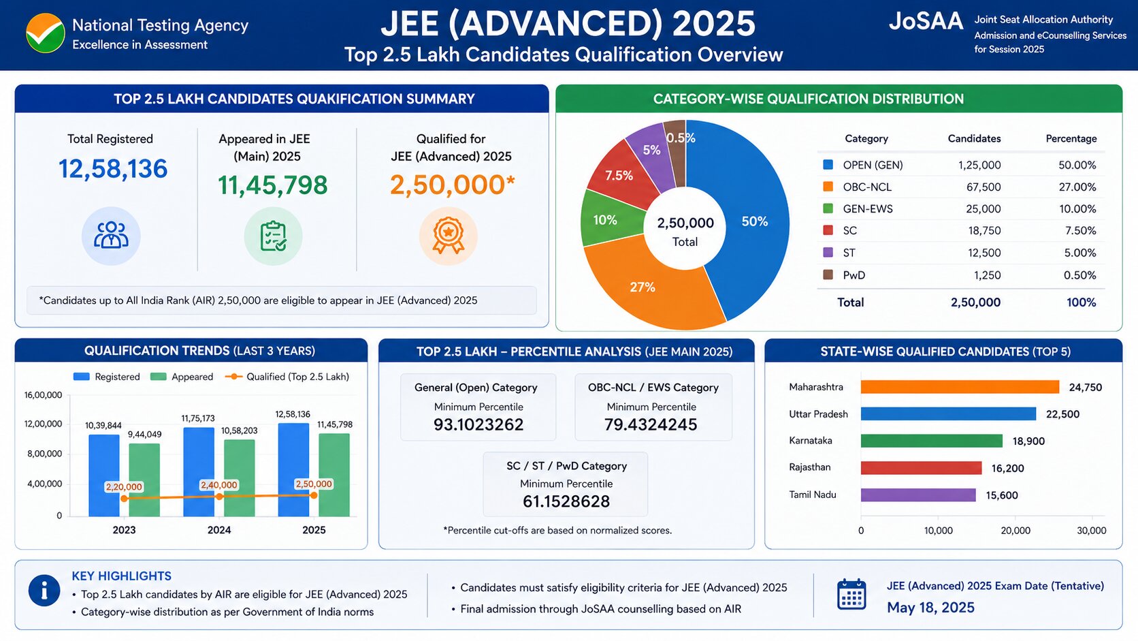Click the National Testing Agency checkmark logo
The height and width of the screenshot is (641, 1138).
click(45, 33)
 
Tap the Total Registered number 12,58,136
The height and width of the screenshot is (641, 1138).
click(113, 169)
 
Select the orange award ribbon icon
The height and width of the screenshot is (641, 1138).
click(448, 236)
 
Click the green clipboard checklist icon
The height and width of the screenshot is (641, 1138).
click(274, 236)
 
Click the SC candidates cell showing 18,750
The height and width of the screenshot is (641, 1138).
click(984, 231)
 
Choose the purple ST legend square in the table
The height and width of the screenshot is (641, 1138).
click(828, 253)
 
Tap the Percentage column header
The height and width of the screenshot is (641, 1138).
click(1071, 139)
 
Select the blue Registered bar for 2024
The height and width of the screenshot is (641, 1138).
click(199, 472)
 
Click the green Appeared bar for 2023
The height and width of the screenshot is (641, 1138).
click(144, 480)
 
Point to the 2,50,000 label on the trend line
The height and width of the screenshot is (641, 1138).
click(314, 484)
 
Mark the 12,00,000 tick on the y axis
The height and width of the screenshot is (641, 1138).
click(43, 424)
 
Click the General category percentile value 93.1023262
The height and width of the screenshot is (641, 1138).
click(478, 424)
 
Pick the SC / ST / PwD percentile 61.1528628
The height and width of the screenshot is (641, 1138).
click(566, 502)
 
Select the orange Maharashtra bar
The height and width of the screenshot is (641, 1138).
click(960, 387)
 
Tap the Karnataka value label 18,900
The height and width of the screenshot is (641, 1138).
click(1028, 441)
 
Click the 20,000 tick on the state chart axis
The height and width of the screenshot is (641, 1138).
click(1015, 531)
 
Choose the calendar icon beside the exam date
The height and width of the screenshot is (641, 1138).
click(851, 594)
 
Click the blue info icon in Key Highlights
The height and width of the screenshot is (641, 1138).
click(44, 591)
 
